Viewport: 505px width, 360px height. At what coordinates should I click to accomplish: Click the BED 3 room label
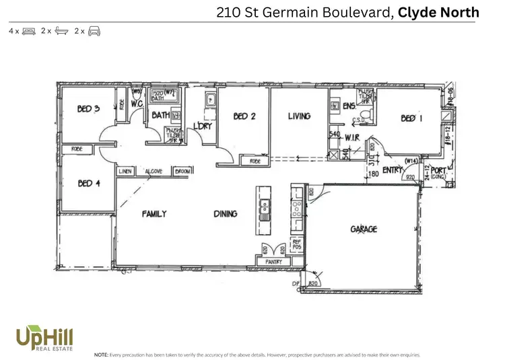tap(88, 109)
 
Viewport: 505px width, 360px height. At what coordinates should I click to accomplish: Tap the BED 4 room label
tap(89, 183)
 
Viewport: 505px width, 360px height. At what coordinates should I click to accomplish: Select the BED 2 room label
tap(244, 116)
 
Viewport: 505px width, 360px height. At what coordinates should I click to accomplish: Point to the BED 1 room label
tap(412, 118)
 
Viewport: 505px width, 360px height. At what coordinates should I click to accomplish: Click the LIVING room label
tap(299, 116)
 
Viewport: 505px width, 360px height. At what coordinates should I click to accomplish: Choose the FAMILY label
tap(154, 214)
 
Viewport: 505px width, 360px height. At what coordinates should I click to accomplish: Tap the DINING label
tap(226, 214)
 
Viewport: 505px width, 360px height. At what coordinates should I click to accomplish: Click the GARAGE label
tap(364, 229)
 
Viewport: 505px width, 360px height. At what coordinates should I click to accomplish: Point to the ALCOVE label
tap(154, 172)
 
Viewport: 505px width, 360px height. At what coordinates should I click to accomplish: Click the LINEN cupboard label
tap(125, 172)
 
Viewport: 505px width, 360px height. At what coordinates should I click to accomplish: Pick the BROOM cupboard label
tap(182, 172)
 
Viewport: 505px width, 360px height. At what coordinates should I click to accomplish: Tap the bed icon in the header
tap(29, 31)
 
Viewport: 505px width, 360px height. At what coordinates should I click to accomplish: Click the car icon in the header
tap(94, 31)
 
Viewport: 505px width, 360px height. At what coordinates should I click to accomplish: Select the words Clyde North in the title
tap(438, 11)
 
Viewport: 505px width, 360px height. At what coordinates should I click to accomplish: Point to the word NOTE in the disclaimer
tap(101, 353)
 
